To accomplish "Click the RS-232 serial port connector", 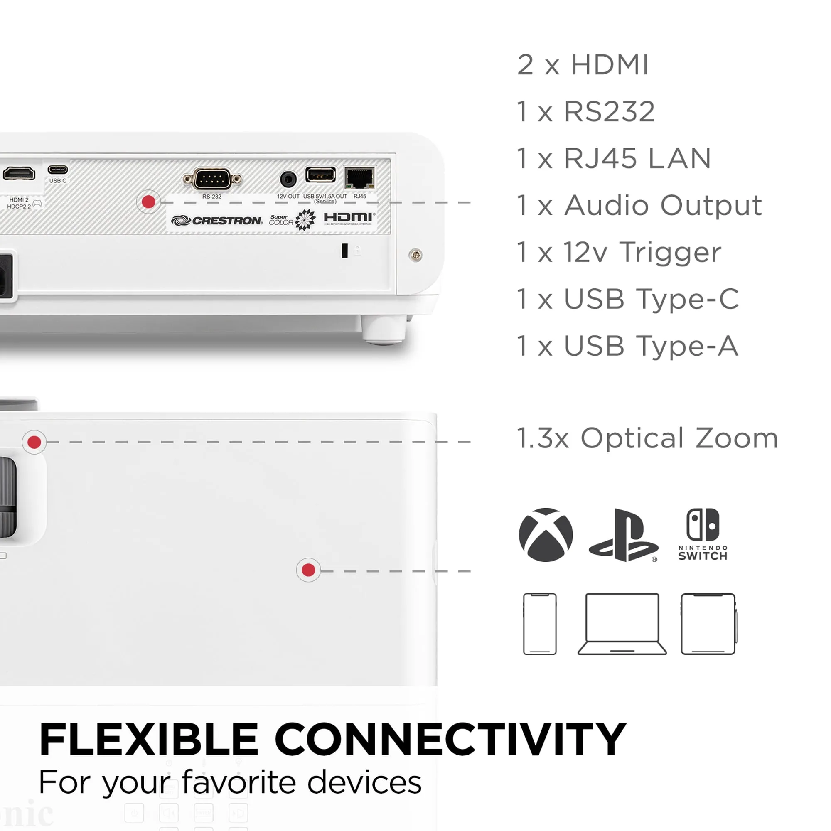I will click(x=211, y=179).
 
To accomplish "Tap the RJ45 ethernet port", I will click(x=359, y=178).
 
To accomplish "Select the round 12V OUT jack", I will click(x=288, y=179).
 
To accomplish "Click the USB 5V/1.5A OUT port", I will click(x=320, y=175).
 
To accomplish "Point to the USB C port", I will click(x=58, y=170).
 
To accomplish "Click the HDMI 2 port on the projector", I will click(x=19, y=173).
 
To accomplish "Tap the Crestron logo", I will click(x=217, y=221).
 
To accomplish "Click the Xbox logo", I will click(x=546, y=535).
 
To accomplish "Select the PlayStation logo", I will click(x=623, y=536).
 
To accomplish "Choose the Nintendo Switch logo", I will click(x=703, y=534).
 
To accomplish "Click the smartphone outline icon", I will click(x=540, y=624).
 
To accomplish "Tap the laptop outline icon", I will click(x=622, y=624).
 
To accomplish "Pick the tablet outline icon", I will click(x=708, y=624).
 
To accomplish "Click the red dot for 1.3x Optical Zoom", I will click(x=34, y=442).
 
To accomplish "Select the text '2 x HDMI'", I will click(x=583, y=65).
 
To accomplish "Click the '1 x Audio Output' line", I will click(x=639, y=205).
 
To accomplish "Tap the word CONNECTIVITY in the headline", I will click(x=450, y=740).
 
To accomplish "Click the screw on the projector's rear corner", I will click(x=415, y=255).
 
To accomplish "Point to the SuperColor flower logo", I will click(x=305, y=220).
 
